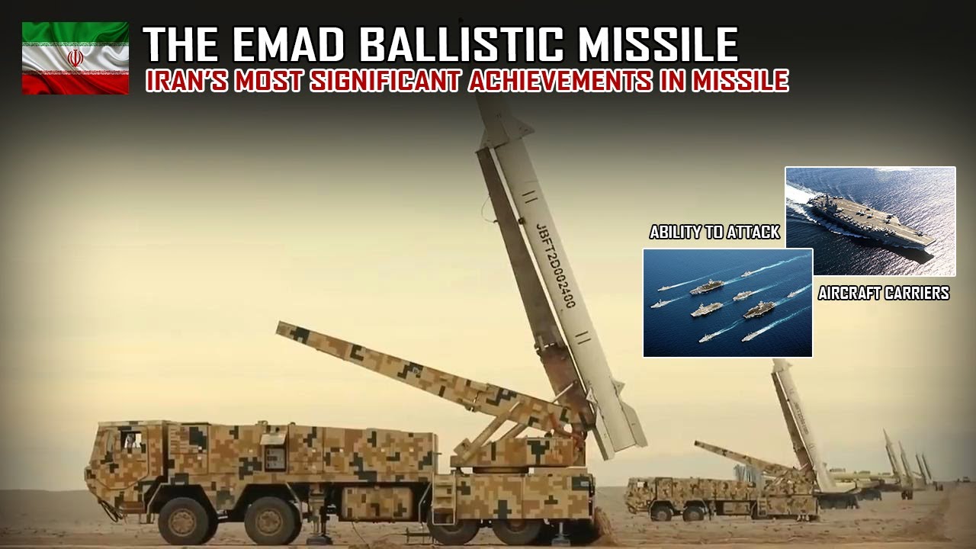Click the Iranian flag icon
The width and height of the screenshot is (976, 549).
tap(75, 58)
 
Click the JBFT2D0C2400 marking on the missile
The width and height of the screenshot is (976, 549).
tap(555, 262)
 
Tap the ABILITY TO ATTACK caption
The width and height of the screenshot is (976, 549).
tap(714, 233)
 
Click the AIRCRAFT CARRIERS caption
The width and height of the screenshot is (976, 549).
tap(883, 293)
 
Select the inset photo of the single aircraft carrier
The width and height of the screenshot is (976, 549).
tap(870, 221)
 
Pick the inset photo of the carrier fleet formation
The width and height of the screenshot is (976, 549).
tap(727, 303)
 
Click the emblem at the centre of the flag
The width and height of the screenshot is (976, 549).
tap(75, 58)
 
